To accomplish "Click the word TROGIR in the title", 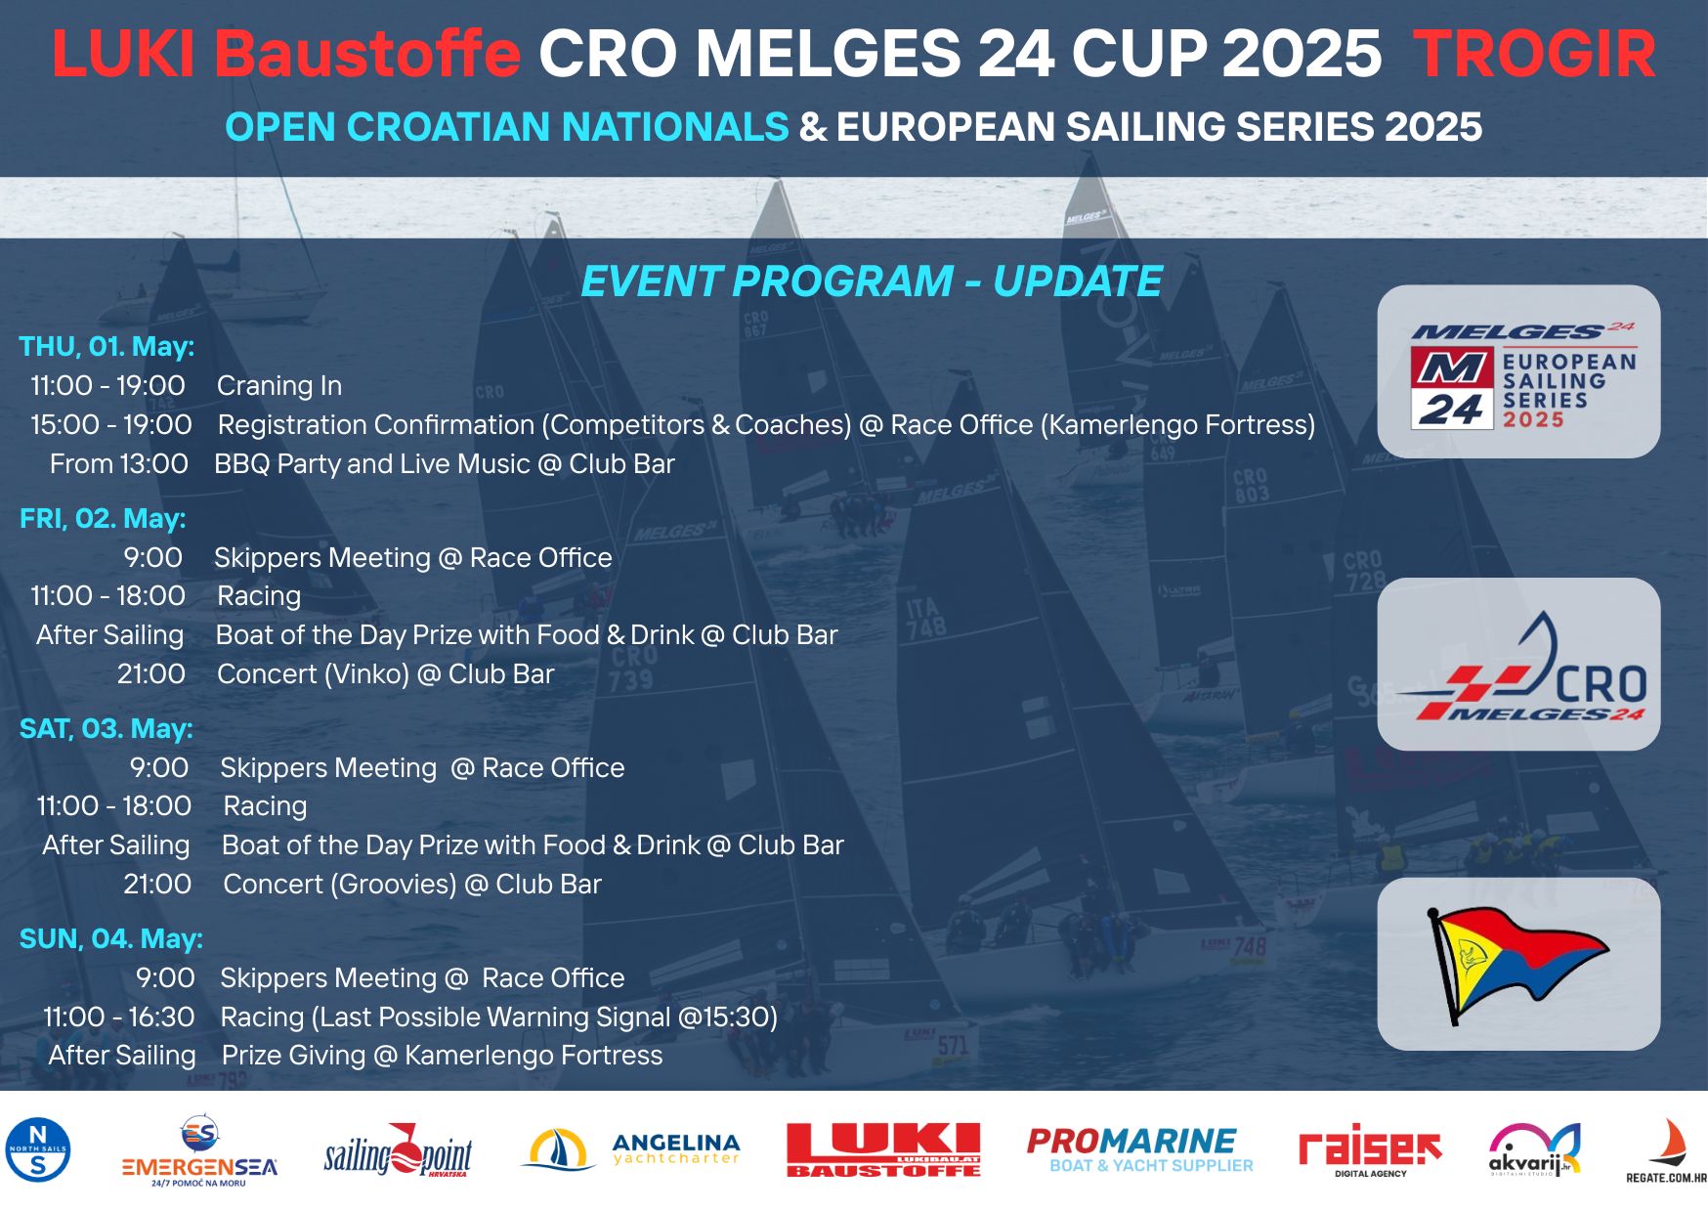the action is (x=1534, y=54).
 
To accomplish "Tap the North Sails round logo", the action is (x=38, y=1149).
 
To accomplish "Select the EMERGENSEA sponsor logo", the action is (x=199, y=1152).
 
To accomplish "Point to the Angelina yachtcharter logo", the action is (x=631, y=1149).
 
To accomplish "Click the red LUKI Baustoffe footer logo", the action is (x=883, y=1149).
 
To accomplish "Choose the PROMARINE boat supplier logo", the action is (x=1139, y=1149).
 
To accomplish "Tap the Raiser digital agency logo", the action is (x=1369, y=1150).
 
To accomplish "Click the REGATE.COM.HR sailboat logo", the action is (x=1666, y=1151).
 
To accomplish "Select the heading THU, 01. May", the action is (x=107, y=347).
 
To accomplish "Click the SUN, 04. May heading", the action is (x=111, y=939).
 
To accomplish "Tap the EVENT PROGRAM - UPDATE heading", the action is (x=872, y=281).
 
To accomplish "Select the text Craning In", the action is (x=279, y=386).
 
